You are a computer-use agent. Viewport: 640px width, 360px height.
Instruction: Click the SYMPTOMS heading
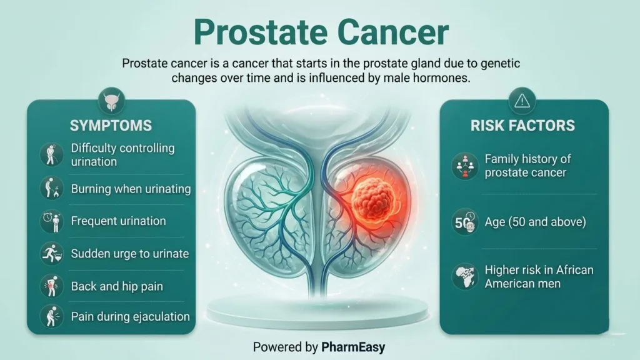coord(111,126)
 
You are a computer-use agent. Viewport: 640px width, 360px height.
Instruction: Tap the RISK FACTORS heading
coord(522,126)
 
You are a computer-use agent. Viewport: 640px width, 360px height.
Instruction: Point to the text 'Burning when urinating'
coord(131,189)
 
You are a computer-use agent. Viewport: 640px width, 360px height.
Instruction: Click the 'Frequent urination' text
coord(118,221)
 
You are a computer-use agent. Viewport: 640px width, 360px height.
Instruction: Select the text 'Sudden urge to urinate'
coord(129,254)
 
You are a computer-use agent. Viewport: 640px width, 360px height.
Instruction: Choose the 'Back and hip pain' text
coord(117,286)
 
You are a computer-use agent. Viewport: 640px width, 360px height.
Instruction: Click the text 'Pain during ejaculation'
coord(130,317)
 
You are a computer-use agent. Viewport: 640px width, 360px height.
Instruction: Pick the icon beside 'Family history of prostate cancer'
coord(464,166)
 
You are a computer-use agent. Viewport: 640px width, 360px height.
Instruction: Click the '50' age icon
coord(464,222)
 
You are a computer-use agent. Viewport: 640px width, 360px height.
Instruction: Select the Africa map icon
coord(464,276)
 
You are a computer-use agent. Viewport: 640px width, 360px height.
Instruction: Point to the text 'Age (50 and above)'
coord(535,222)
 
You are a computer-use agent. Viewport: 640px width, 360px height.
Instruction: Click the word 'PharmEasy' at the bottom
coord(353,346)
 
